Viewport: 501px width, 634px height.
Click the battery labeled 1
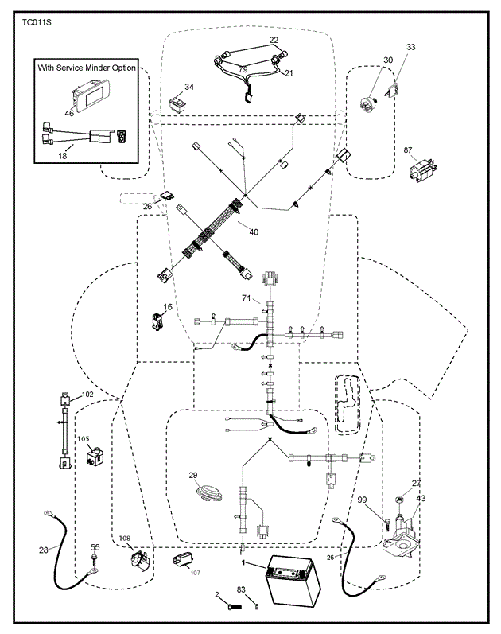[x=293, y=580]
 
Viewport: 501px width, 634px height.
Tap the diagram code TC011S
[x=37, y=22]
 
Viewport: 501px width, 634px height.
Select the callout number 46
[x=69, y=113]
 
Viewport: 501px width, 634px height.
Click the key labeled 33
[x=391, y=90]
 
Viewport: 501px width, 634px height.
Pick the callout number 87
[x=408, y=150]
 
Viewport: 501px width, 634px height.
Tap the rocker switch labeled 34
[x=178, y=102]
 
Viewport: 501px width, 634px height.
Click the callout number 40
[x=254, y=232]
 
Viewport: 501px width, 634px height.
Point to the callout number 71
[x=247, y=298]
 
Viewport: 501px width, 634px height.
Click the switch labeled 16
[x=157, y=321]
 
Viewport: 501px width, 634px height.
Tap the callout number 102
[x=87, y=395]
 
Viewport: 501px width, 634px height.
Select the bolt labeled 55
[x=94, y=562]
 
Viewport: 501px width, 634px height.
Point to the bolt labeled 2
[x=232, y=606]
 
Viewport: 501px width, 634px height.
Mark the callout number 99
[x=362, y=500]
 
